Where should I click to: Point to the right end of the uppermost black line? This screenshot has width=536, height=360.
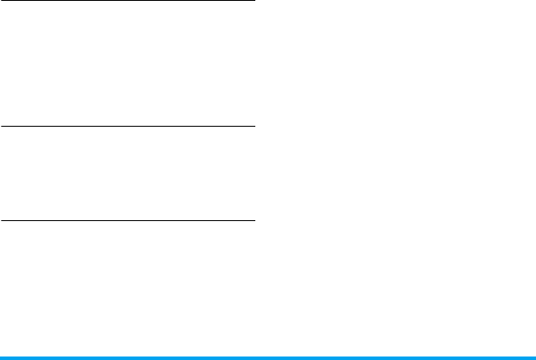click(253, 1)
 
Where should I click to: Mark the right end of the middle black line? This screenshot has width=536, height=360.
click(253, 127)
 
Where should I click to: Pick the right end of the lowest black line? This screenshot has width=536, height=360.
click(253, 220)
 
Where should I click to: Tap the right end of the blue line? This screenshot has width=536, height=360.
click(533, 357)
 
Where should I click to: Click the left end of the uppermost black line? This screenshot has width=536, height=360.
click(2, 1)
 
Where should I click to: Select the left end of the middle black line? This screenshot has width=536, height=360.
click(2, 127)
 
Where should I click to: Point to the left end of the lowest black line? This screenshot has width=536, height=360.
click(2, 220)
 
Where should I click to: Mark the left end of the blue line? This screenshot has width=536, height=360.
click(2, 357)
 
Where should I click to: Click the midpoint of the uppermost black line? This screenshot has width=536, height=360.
click(127, 1)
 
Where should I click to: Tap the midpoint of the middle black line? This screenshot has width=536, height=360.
click(127, 127)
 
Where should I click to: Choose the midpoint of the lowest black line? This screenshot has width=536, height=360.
click(127, 220)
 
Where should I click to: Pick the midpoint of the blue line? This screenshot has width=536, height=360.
click(268, 357)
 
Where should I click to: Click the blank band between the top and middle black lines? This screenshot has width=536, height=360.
click(127, 64)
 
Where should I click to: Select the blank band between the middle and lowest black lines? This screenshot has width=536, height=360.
click(127, 173)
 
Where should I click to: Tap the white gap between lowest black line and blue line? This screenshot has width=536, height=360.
click(127, 288)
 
